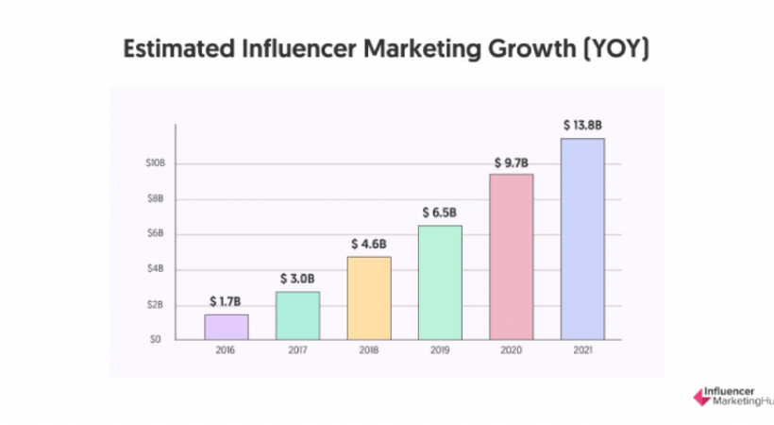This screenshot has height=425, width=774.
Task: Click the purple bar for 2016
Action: point(226,327)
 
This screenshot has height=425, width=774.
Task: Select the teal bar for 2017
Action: point(297,315)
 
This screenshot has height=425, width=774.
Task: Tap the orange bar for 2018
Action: point(369,297)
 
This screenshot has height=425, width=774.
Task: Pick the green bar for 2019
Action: point(440,282)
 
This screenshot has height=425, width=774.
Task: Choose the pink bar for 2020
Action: point(512,257)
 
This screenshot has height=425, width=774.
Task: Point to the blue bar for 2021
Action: point(582,239)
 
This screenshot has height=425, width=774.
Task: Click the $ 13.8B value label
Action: point(582,125)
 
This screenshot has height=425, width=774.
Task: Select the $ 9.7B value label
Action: point(512,162)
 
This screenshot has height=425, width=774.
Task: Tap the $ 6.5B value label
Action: point(440,212)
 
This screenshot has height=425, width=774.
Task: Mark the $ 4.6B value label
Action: point(369,244)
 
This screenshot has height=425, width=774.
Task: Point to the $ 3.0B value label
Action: point(297,280)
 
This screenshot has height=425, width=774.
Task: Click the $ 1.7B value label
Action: point(227,302)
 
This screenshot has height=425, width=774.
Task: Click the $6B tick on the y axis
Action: point(157,233)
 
